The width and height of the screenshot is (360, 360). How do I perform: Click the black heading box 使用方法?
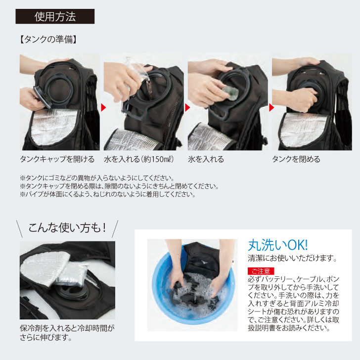coord(55,16)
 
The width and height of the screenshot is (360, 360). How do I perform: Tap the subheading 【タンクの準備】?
coord(48,40)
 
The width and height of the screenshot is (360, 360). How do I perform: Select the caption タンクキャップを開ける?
coord(57,159)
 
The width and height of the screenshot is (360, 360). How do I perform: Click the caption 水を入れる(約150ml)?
coord(138,159)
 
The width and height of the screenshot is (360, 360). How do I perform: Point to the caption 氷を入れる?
coord(206,159)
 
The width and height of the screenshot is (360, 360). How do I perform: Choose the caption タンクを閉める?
coord(296,159)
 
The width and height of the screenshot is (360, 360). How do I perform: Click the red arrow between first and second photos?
coord(103,107)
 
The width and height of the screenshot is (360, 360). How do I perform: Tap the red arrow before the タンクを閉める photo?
coord(271,107)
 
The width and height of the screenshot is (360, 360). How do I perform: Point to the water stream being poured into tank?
coord(149,90)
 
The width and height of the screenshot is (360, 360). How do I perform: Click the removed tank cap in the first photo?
coord(42,97)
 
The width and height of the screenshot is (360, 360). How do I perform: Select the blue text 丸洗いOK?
coord(278,245)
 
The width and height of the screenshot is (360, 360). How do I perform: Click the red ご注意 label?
coord(261,271)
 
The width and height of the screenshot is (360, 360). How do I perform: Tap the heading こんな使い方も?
coord(67,228)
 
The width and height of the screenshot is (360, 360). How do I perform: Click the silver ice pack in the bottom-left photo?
coord(72,273)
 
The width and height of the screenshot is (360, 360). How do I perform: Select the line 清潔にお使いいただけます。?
coord(292,258)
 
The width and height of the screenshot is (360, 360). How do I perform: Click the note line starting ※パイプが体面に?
coord(108,194)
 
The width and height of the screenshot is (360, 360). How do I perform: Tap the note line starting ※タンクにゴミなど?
coord(97,178)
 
